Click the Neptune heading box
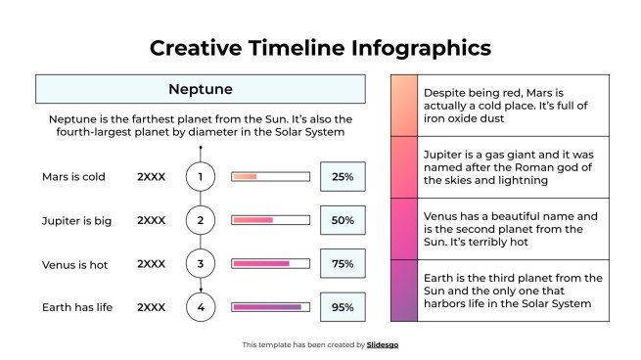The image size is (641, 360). pyautogui.click(x=200, y=89)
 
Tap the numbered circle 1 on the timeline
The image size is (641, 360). pyautogui.click(x=200, y=177)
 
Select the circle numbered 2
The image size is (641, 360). pyautogui.click(x=200, y=220)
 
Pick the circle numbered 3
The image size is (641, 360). pyautogui.click(x=200, y=264)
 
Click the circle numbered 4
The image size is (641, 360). pyautogui.click(x=200, y=307)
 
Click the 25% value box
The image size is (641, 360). pyautogui.click(x=343, y=177)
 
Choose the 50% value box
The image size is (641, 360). pyautogui.click(x=343, y=220)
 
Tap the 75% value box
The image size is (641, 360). pyautogui.click(x=343, y=264)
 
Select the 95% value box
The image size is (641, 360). pyautogui.click(x=343, y=307)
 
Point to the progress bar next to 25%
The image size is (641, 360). pyautogui.click(x=269, y=177)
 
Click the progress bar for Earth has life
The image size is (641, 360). pyautogui.click(x=269, y=307)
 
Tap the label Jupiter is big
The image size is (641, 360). pyautogui.click(x=76, y=220)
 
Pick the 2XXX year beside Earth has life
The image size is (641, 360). pyautogui.click(x=151, y=307)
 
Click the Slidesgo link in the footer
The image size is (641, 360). pyautogui.click(x=383, y=344)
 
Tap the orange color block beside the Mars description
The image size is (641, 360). pyautogui.click(x=403, y=105)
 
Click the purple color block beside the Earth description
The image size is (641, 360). pyautogui.click(x=403, y=291)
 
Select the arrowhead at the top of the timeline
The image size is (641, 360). pyautogui.click(x=200, y=148)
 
